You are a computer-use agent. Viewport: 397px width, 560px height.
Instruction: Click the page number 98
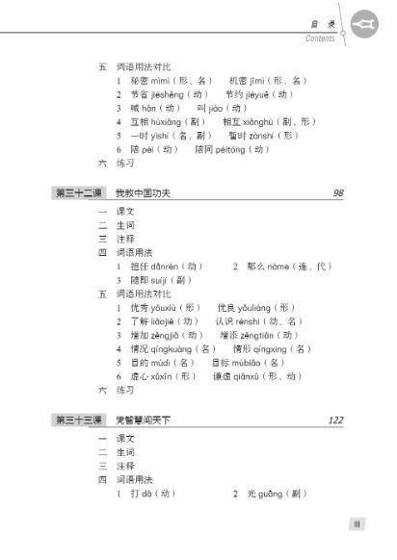click(x=337, y=192)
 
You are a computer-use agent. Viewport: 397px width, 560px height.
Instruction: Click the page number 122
click(x=334, y=420)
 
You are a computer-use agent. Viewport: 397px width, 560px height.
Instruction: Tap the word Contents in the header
click(x=320, y=39)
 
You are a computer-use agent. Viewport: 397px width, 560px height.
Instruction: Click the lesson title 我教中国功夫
click(x=143, y=193)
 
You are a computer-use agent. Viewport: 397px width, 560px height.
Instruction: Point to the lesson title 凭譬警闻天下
click(x=144, y=421)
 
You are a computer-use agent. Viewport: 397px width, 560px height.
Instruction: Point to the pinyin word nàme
click(x=273, y=265)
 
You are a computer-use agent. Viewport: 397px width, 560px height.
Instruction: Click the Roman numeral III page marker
click(x=356, y=523)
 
